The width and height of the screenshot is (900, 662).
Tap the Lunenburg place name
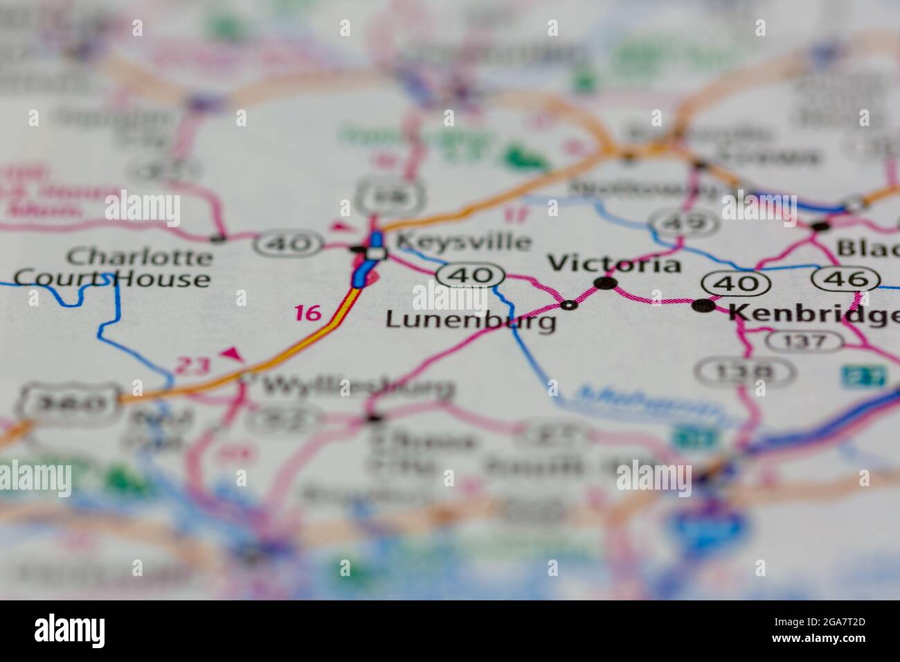pyautogui.click(x=471, y=320)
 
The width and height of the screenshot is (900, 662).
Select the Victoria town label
pyautogui.click(x=614, y=264)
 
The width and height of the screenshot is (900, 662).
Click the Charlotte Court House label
pyautogui.click(x=112, y=268)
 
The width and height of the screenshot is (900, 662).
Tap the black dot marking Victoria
pyautogui.click(x=606, y=283)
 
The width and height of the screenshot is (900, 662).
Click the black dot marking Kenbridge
pyautogui.click(x=705, y=305)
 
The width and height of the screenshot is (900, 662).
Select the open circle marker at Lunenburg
pyautogui.click(x=569, y=305)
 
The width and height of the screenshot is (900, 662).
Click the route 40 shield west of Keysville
pyautogui.click(x=290, y=243)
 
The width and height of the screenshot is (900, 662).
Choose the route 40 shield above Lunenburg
pyautogui.click(x=470, y=276)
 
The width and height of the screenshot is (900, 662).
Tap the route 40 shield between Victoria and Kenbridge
pyautogui.click(x=735, y=283)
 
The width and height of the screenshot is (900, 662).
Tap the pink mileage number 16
pyautogui.click(x=307, y=314)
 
